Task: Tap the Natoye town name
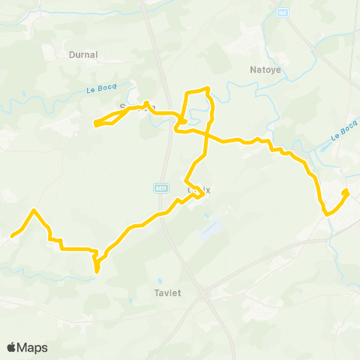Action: tap(264, 70)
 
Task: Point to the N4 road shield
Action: tap(282, 13)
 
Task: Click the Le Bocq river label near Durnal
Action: tap(98, 89)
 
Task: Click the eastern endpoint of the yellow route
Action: tap(346, 192)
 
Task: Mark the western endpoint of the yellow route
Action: tap(11, 236)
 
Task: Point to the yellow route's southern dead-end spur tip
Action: tap(97, 271)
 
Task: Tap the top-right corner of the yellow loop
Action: tap(207, 89)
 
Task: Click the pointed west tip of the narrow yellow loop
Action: tap(95, 123)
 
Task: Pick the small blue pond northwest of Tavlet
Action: tap(130, 301)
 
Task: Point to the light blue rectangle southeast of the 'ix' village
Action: tap(212, 225)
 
